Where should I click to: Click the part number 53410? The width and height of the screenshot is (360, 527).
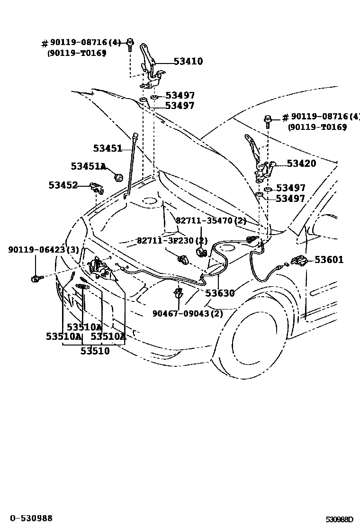(188, 61)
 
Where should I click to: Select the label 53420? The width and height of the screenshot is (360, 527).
(301, 164)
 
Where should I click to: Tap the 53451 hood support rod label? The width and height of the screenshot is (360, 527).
(108, 148)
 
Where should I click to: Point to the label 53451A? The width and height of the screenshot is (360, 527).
(88, 166)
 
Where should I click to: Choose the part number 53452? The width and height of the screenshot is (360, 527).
(63, 185)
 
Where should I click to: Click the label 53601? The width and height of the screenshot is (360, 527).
(329, 260)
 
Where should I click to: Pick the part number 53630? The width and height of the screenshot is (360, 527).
(220, 293)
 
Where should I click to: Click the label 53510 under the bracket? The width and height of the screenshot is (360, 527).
(95, 351)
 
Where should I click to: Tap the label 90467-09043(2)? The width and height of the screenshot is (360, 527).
(188, 314)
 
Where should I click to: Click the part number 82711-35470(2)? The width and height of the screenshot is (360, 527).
(211, 220)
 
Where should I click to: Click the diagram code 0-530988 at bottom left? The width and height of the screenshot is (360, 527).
(29, 518)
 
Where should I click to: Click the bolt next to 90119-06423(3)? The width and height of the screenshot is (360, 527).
(36, 279)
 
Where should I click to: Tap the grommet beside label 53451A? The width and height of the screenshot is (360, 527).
(118, 178)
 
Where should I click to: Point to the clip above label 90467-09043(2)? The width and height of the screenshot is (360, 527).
(179, 293)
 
